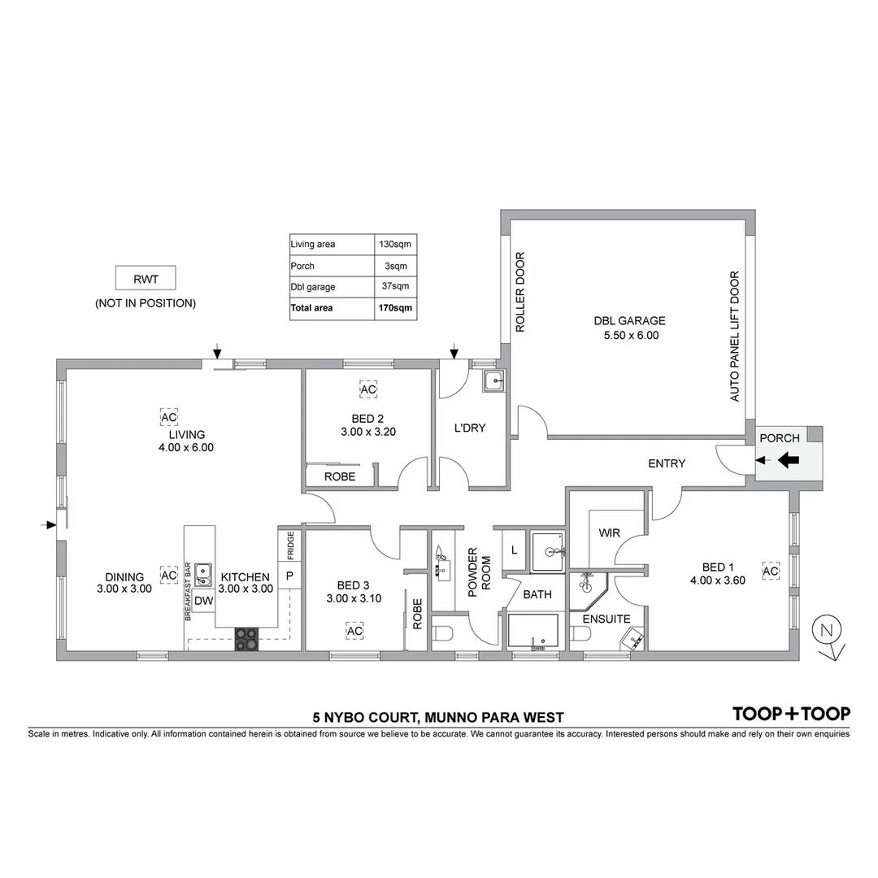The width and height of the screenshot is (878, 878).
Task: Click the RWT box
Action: [146, 279]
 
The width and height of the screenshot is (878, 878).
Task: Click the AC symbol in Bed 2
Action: [368, 390]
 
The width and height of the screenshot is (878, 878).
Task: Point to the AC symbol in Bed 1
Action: [770, 572]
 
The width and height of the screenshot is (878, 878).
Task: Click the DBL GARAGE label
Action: [629, 320]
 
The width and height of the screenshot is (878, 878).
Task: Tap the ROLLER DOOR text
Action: [521, 293]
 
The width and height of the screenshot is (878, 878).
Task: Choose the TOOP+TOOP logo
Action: [791, 714]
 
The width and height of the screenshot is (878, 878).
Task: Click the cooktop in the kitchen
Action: [246, 639]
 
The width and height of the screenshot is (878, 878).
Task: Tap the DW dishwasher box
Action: [203, 601]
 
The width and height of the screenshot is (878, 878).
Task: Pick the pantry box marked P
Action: [289, 576]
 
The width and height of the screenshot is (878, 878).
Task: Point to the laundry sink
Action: [493, 380]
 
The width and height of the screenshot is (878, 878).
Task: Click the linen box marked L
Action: [513, 550]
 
